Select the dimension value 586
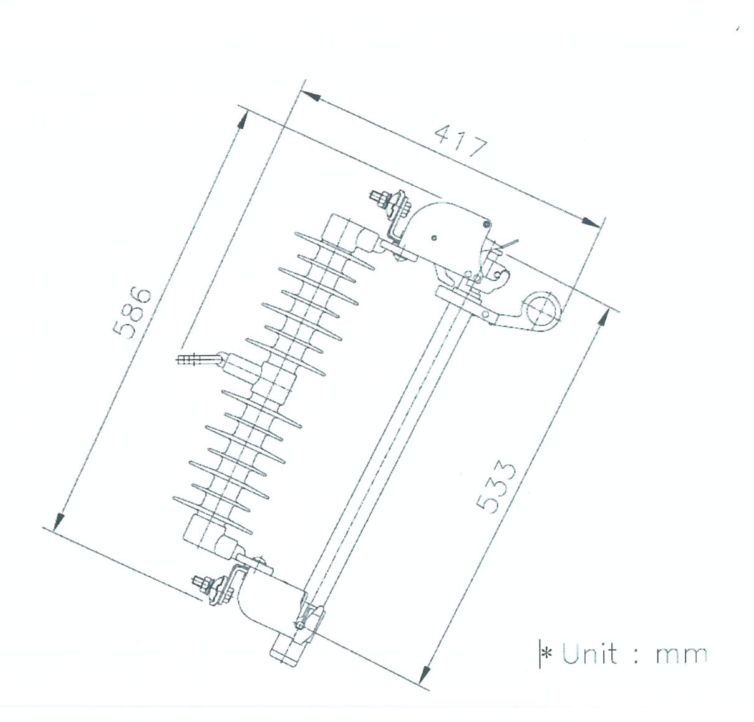point(132,312)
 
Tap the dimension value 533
point(496,486)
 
